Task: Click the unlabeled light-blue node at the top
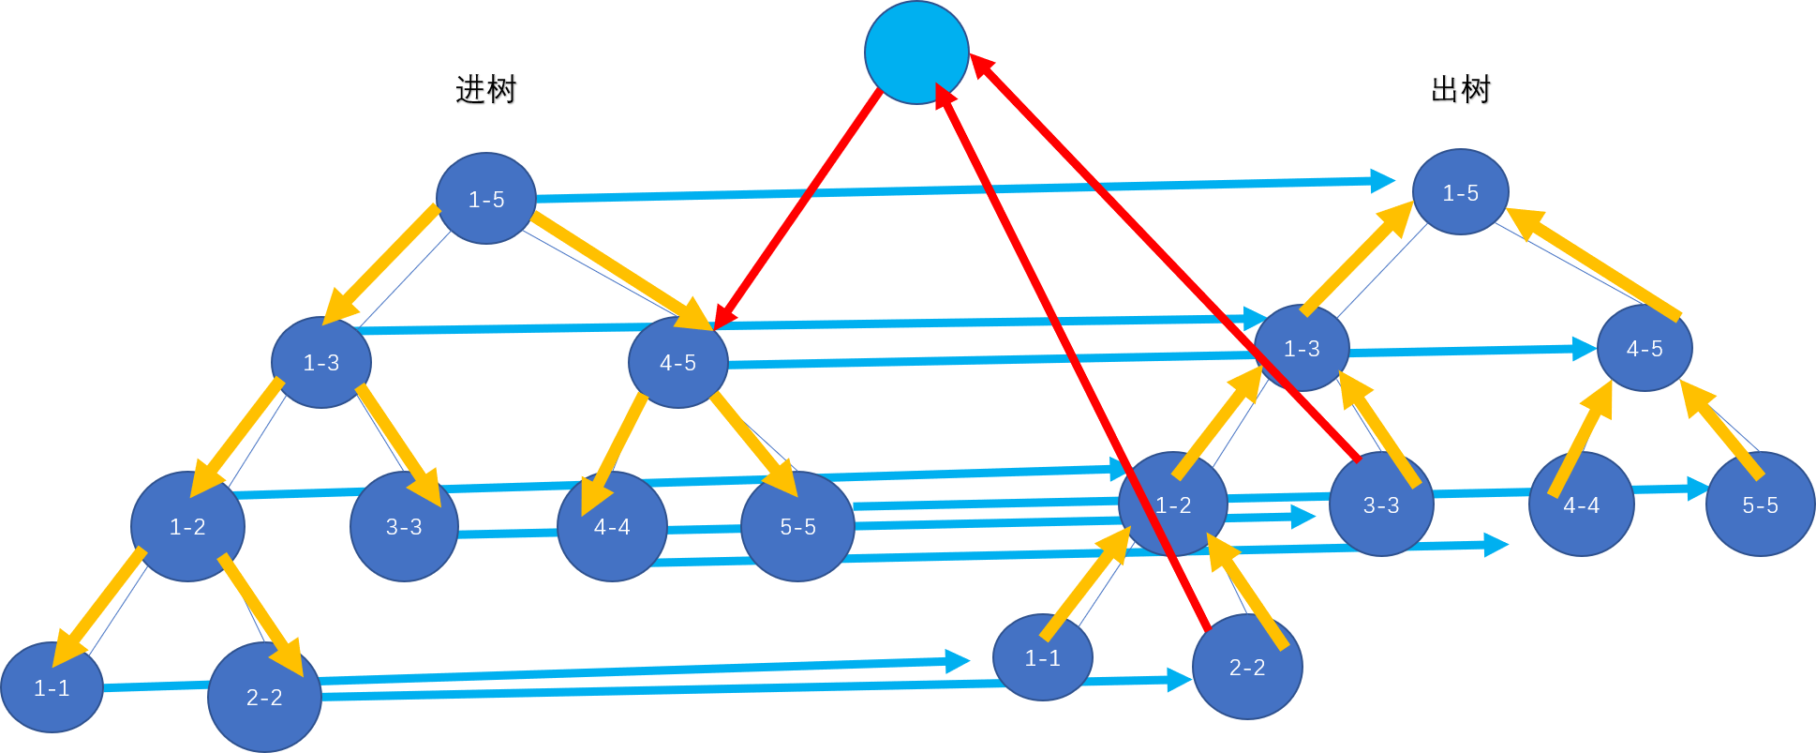pos(915,53)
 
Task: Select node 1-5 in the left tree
pos(485,199)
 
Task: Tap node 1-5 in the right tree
pos(1460,192)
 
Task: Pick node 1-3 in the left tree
pos(321,362)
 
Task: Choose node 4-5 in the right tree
pos(1644,348)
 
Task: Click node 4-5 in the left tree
pos(677,362)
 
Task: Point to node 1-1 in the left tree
pos(52,687)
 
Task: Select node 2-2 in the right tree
pos(1247,667)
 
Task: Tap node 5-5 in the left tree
pos(797,526)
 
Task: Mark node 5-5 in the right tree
pos(1759,505)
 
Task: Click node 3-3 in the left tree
pos(404,526)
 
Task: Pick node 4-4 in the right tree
pos(1581,505)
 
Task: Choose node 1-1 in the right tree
pos(1042,657)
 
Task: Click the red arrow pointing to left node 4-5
pos(797,209)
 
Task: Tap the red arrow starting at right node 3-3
pos(1162,253)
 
